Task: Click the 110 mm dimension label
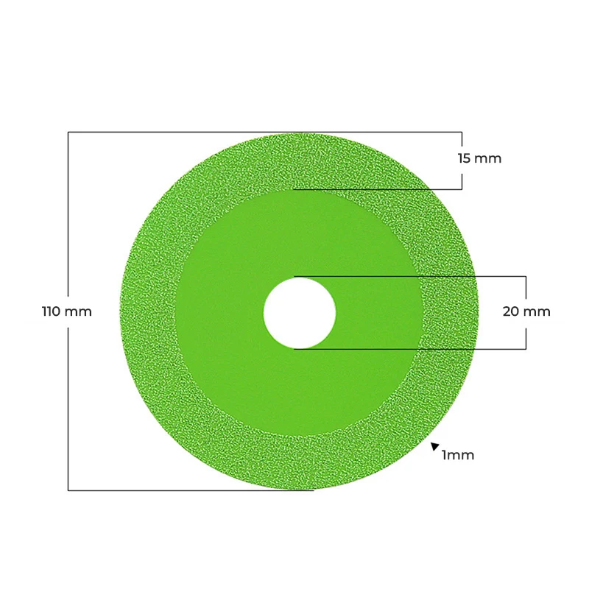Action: tap(67, 311)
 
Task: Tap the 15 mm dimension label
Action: tap(480, 158)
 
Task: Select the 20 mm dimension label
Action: tap(526, 311)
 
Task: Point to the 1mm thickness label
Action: tap(458, 455)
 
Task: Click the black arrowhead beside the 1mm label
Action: tap(435, 446)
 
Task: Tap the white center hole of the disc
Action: tap(300, 314)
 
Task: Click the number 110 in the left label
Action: tap(51, 311)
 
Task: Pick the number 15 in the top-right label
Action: tap(464, 158)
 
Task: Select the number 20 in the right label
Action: tap(511, 311)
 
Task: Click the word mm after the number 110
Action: tap(78, 311)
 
